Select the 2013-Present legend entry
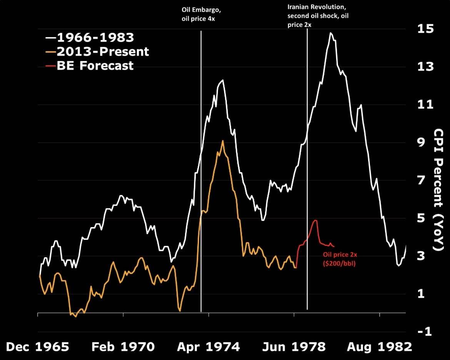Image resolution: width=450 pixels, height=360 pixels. click(97, 51)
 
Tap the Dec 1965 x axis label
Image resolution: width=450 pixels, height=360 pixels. click(38, 347)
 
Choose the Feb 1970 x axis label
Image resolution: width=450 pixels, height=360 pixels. click(123, 347)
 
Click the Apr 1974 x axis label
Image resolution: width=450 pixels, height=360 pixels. click(208, 347)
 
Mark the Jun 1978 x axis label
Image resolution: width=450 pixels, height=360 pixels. click(294, 347)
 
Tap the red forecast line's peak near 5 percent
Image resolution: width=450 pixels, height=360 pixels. click(315, 220)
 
